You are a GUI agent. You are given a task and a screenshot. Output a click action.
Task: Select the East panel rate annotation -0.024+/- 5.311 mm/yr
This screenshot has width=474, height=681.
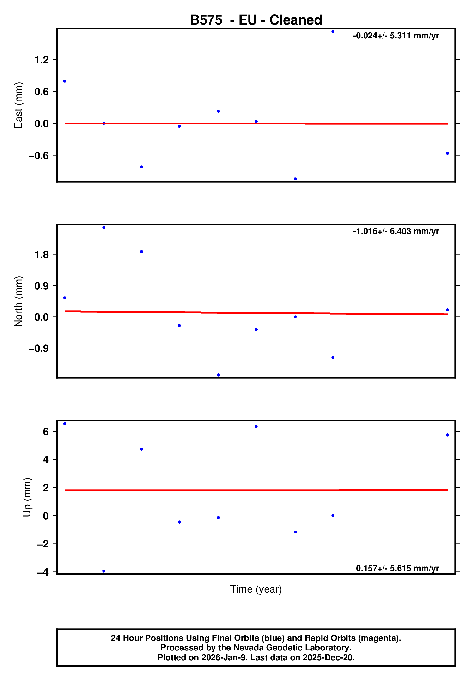click(396, 36)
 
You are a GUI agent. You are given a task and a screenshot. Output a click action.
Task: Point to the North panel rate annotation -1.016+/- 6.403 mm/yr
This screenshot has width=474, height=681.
click(396, 231)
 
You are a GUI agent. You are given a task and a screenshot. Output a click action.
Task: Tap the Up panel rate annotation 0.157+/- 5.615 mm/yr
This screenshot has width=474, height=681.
click(397, 568)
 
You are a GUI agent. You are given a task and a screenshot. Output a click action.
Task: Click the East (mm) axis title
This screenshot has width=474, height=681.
click(18, 105)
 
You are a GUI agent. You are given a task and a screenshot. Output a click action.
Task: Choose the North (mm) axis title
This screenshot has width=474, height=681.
click(18, 301)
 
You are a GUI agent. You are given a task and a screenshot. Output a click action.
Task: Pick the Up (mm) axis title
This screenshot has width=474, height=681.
click(27, 497)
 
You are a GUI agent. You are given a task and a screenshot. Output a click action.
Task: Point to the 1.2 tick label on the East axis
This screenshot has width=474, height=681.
click(42, 60)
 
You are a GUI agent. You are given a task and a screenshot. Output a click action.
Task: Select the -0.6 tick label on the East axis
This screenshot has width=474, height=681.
click(38, 156)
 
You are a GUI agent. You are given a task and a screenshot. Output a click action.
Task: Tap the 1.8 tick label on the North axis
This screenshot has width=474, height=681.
click(42, 255)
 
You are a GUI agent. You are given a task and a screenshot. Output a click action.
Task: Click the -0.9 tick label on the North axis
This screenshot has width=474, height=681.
click(38, 348)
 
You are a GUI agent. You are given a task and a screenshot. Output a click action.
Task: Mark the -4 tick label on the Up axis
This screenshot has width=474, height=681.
click(43, 572)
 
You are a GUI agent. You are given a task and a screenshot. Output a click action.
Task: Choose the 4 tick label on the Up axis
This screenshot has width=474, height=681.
click(46, 460)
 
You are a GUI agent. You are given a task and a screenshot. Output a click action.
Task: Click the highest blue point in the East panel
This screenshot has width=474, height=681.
click(333, 32)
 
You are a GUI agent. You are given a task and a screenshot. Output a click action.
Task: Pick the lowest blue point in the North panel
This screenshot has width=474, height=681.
click(219, 375)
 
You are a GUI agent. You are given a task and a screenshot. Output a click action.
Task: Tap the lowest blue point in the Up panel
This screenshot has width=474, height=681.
click(104, 571)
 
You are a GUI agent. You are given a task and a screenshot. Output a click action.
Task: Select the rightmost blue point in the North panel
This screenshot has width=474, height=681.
click(447, 310)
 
